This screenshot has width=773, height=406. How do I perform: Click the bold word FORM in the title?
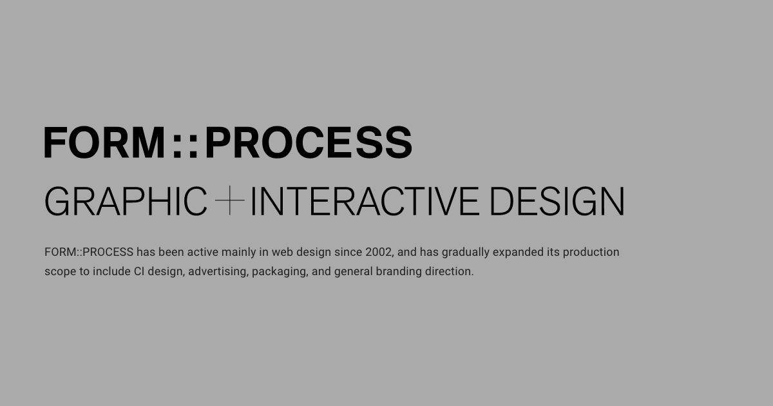coord(105,143)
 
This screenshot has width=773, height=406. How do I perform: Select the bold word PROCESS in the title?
coord(308,143)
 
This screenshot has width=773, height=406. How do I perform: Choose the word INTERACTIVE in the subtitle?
coord(364,201)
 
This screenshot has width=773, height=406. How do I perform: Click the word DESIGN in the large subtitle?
coord(557,201)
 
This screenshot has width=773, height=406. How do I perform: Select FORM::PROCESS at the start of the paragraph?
coord(89,252)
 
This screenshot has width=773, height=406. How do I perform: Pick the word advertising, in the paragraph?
coord(218,271)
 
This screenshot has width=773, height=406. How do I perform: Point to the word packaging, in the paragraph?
coord(279,271)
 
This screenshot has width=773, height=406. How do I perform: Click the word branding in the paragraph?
coord(399,271)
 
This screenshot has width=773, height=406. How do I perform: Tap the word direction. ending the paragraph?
coord(449,271)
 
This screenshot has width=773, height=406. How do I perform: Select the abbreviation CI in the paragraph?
coord(138,271)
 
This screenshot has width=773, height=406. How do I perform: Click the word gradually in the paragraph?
coord(466,252)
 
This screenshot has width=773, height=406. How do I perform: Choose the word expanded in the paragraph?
coord(518,252)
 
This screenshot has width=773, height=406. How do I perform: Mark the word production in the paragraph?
coord(591,252)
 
